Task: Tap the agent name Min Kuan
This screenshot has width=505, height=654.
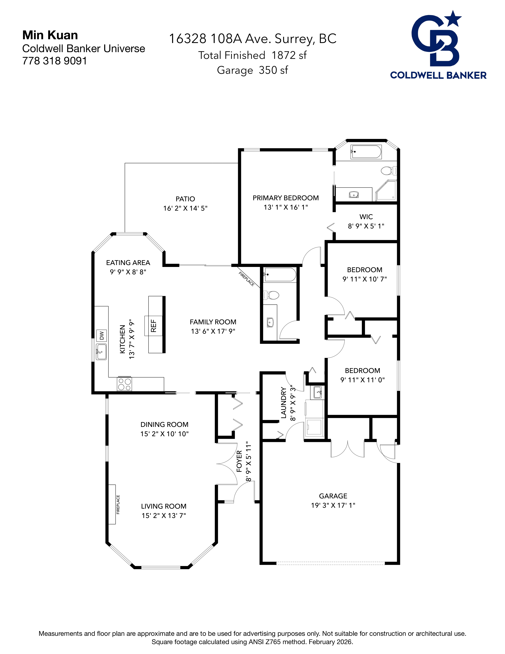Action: (50, 35)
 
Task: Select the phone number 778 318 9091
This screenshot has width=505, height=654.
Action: (54, 61)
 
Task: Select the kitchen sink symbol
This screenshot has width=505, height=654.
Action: (101, 352)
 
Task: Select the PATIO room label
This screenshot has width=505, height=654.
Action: (185, 199)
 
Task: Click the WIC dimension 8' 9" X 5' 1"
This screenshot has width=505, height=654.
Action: (366, 226)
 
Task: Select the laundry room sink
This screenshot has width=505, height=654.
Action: (318, 392)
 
